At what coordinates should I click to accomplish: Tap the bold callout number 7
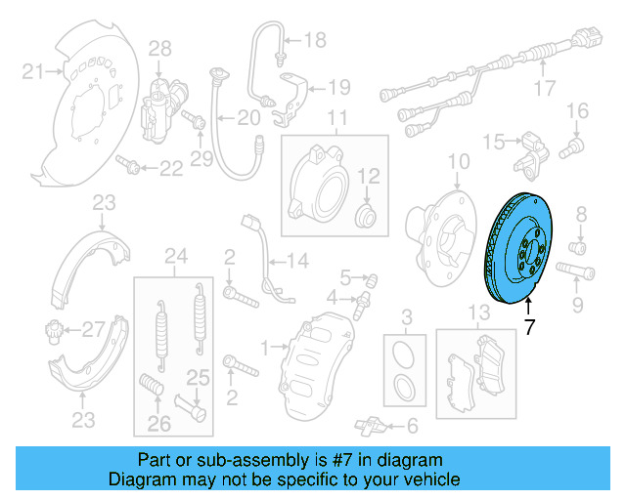click(530, 327)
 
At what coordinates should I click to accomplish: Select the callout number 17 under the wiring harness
click(544, 91)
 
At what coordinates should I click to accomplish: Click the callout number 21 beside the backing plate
click(33, 70)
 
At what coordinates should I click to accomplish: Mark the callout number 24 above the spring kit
click(175, 258)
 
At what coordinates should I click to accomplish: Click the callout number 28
click(159, 48)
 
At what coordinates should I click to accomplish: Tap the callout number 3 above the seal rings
click(406, 315)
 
